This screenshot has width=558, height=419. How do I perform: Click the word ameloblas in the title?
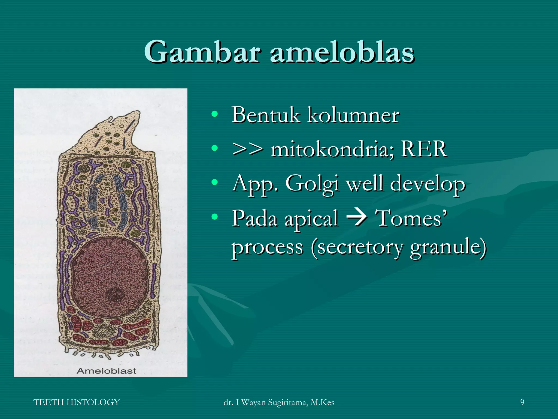342,52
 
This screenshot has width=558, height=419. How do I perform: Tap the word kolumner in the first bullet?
353,115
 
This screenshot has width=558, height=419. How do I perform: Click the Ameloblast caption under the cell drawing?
107,371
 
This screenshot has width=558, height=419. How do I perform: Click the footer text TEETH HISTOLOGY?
77,402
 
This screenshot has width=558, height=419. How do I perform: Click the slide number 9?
522,402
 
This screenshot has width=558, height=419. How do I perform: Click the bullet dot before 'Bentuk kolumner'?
215,114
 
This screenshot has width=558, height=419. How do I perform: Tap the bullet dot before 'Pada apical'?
215,217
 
